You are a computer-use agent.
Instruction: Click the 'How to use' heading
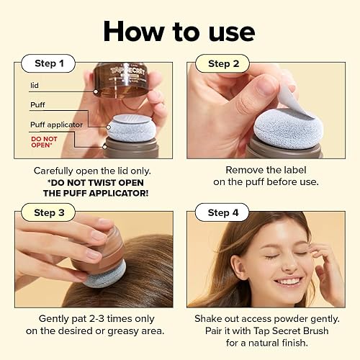tap(179, 31)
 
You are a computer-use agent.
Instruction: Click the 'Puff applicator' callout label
tap(57, 125)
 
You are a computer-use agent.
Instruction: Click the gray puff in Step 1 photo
tap(130, 127)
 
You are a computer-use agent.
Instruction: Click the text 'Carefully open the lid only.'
tap(92, 171)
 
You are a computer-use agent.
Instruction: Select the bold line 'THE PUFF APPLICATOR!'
tap(92, 193)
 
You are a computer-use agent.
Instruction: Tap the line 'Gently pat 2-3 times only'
tap(92, 318)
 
